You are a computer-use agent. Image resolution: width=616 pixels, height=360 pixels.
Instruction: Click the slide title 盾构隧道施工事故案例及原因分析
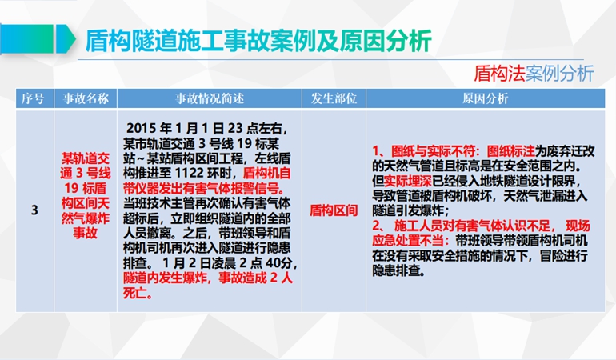pyautogui.click(x=258, y=41)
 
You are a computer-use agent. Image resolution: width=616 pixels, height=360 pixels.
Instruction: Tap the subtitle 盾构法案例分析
pyautogui.click(x=534, y=74)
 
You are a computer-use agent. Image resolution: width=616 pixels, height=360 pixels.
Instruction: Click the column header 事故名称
pyautogui.click(x=86, y=98)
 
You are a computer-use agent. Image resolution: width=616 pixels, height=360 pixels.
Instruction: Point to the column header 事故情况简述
pyautogui.click(x=210, y=98)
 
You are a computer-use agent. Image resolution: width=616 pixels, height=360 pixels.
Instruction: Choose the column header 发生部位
pyautogui.click(x=334, y=98)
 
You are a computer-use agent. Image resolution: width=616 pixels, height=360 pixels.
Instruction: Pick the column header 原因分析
pyautogui.click(x=485, y=98)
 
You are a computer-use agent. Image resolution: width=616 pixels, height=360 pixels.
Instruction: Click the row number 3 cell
pyautogui.click(x=34, y=210)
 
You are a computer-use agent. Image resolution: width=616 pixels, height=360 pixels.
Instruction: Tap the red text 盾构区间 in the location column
pyautogui.click(x=334, y=210)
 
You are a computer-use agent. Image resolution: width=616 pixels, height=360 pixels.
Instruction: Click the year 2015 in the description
pyautogui.click(x=142, y=128)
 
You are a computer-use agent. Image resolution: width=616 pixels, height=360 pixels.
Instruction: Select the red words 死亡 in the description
pyautogui.click(x=135, y=293)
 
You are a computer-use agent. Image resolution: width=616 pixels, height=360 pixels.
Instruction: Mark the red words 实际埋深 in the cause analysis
pyautogui.click(x=408, y=181)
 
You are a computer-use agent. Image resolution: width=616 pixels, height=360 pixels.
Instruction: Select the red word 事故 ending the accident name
pyautogui.click(x=86, y=233)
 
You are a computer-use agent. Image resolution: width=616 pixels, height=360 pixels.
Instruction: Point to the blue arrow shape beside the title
pyautogui.click(x=66, y=39)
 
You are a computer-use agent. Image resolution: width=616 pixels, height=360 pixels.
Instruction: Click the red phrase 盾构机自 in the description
pyautogui.click(x=267, y=173)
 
